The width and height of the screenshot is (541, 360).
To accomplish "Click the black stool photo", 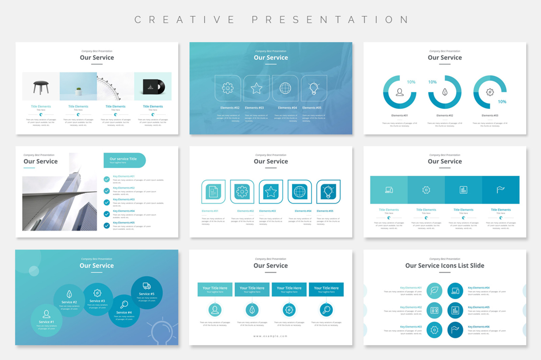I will click(41, 87).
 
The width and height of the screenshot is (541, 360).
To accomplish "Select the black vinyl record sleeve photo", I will click(153, 87).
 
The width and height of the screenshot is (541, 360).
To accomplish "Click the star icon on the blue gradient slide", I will click(256, 88).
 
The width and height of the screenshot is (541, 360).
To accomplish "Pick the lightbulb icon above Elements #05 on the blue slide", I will click(314, 88).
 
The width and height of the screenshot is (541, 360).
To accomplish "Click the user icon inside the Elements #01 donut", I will click(400, 92).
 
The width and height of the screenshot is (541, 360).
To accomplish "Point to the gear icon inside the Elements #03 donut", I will click(490, 92).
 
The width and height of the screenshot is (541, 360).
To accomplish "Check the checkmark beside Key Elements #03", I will click(107, 202).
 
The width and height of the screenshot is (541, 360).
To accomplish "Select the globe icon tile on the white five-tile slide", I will click(300, 192).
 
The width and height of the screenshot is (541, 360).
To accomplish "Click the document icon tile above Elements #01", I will click(213, 192).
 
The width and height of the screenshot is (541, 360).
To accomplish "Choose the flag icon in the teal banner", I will click(500, 190).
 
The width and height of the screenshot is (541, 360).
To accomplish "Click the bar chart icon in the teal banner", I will click(463, 190).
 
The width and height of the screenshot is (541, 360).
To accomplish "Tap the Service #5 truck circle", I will click(147, 292).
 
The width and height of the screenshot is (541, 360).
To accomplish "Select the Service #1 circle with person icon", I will click(47, 319).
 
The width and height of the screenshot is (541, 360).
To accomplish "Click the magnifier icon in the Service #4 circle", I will click(124, 305).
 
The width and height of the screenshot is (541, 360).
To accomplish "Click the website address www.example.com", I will click(270, 336).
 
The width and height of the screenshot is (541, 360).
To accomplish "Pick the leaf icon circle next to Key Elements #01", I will click(434, 291).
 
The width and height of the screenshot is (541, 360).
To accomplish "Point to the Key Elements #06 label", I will click(478, 327).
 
